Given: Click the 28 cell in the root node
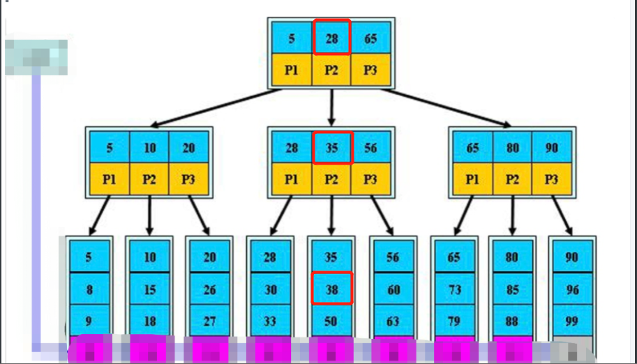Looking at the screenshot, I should coord(331,38).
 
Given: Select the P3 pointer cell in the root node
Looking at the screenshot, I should coord(370,70).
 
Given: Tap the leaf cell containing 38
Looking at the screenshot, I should coord(331,289).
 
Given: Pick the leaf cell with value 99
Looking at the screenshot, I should coord(572,321).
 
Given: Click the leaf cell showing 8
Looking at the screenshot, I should coord(89,289).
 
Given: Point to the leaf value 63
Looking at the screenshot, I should coord(393,321).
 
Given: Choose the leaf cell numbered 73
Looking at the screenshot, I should coord(454,289).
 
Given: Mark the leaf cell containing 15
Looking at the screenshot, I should coord(149,289).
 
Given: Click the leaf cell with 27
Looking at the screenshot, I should coord(209,321).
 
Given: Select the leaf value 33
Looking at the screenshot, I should coord(270,321).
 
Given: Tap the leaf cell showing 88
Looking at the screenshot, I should coord(512,321).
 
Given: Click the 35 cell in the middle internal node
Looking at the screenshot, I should coord(331,147).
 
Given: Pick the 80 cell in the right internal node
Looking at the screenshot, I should coord(513,147).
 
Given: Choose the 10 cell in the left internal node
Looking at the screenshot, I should coord(149,147).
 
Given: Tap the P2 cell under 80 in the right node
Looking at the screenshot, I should coord(513,179).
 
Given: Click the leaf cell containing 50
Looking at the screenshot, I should coord(331,321).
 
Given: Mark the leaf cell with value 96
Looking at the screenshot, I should coord(572,289).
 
